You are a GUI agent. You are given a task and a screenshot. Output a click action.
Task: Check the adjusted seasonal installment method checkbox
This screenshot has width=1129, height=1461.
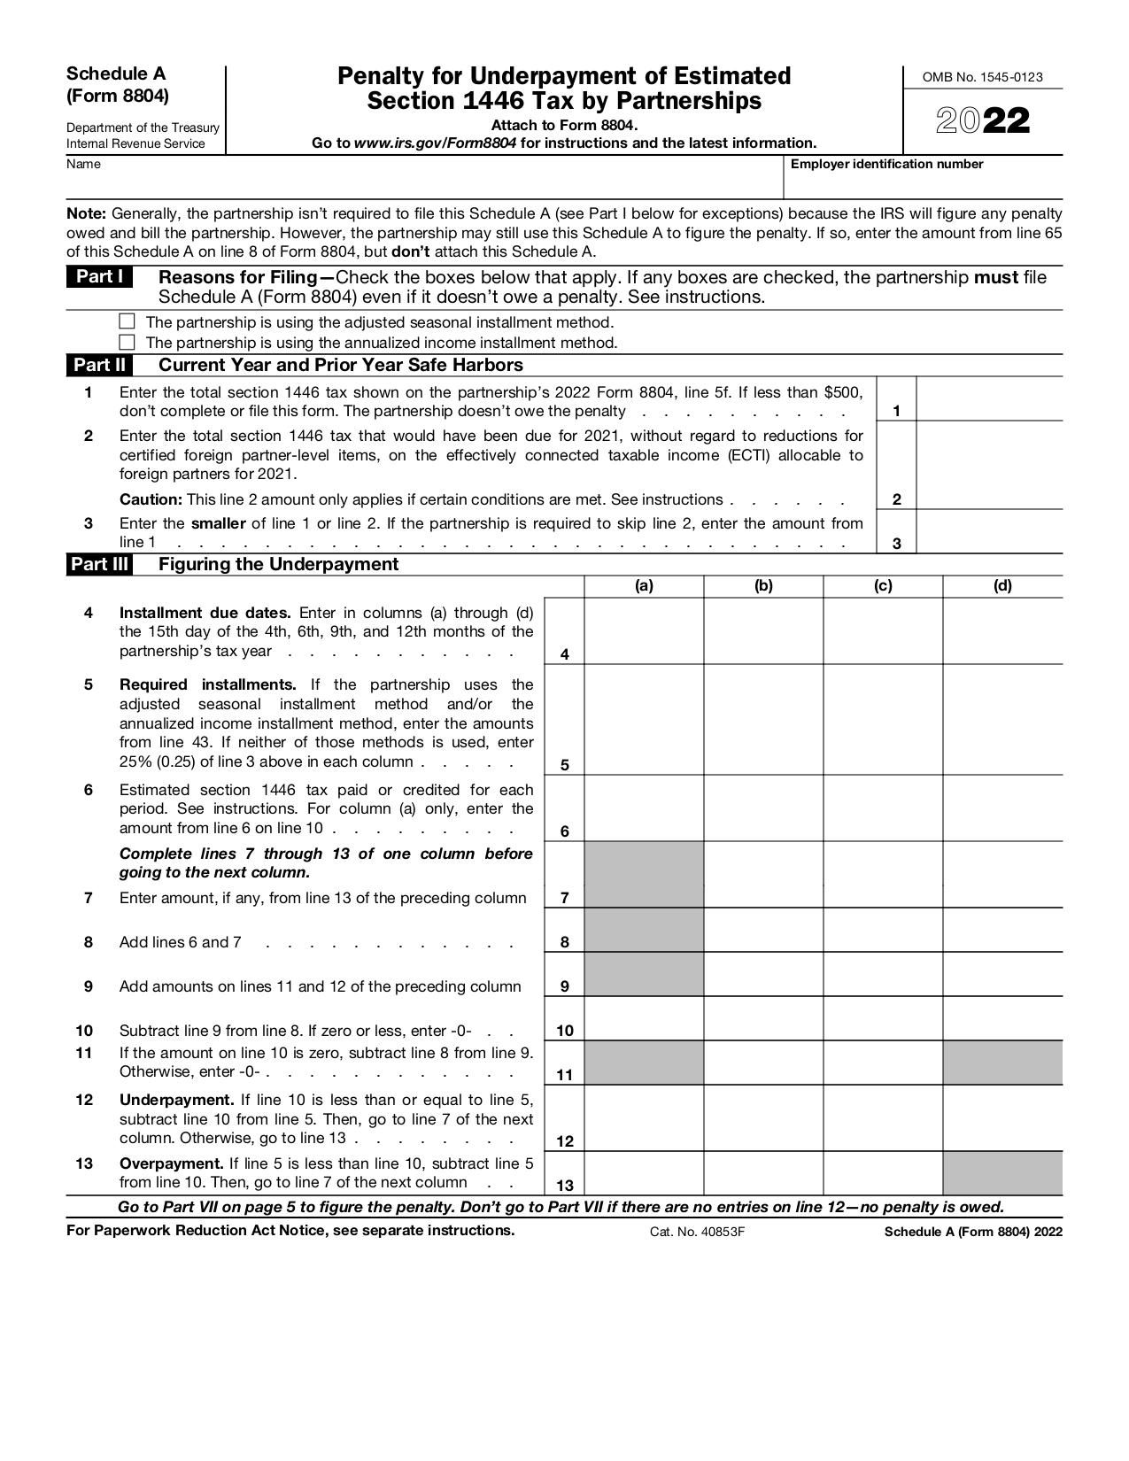tap(127, 321)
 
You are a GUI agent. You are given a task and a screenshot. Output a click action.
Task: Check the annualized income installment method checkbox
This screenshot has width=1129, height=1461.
tap(127, 342)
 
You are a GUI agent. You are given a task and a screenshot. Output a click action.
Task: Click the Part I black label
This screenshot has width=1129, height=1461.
tap(99, 277)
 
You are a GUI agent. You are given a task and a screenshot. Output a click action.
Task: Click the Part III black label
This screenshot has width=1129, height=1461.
tap(99, 564)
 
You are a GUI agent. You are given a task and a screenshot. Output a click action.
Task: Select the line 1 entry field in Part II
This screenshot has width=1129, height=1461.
tap(988, 399)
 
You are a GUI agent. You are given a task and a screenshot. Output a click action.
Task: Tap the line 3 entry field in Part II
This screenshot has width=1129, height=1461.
tap(988, 532)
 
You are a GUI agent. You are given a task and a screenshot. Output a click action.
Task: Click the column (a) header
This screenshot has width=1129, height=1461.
tap(644, 585)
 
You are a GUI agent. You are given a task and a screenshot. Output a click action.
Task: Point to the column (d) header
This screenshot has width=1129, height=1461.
tap(1001, 585)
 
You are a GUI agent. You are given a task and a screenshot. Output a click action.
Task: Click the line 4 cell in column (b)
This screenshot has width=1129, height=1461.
tap(763, 631)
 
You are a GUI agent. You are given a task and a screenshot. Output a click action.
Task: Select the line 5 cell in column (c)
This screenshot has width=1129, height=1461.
tap(883, 720)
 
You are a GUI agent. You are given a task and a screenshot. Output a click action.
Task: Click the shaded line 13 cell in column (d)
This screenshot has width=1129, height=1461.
tap(1001, 1173)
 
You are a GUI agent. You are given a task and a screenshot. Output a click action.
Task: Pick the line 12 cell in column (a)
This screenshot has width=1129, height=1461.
tap(644, 1118)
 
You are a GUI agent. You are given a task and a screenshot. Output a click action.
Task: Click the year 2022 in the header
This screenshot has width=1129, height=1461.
tap(983, 122)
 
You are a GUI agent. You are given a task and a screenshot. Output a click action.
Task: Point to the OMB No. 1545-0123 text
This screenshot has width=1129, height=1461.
tap(982, 77)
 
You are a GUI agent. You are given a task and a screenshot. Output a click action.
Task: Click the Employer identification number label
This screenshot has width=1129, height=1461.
tap(886, 164)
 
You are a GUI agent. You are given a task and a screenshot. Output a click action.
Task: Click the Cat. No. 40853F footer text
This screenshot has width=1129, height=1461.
tap(697, 1232)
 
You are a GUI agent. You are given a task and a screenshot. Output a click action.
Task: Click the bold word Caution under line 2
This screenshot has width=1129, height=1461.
tap(151, 499)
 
